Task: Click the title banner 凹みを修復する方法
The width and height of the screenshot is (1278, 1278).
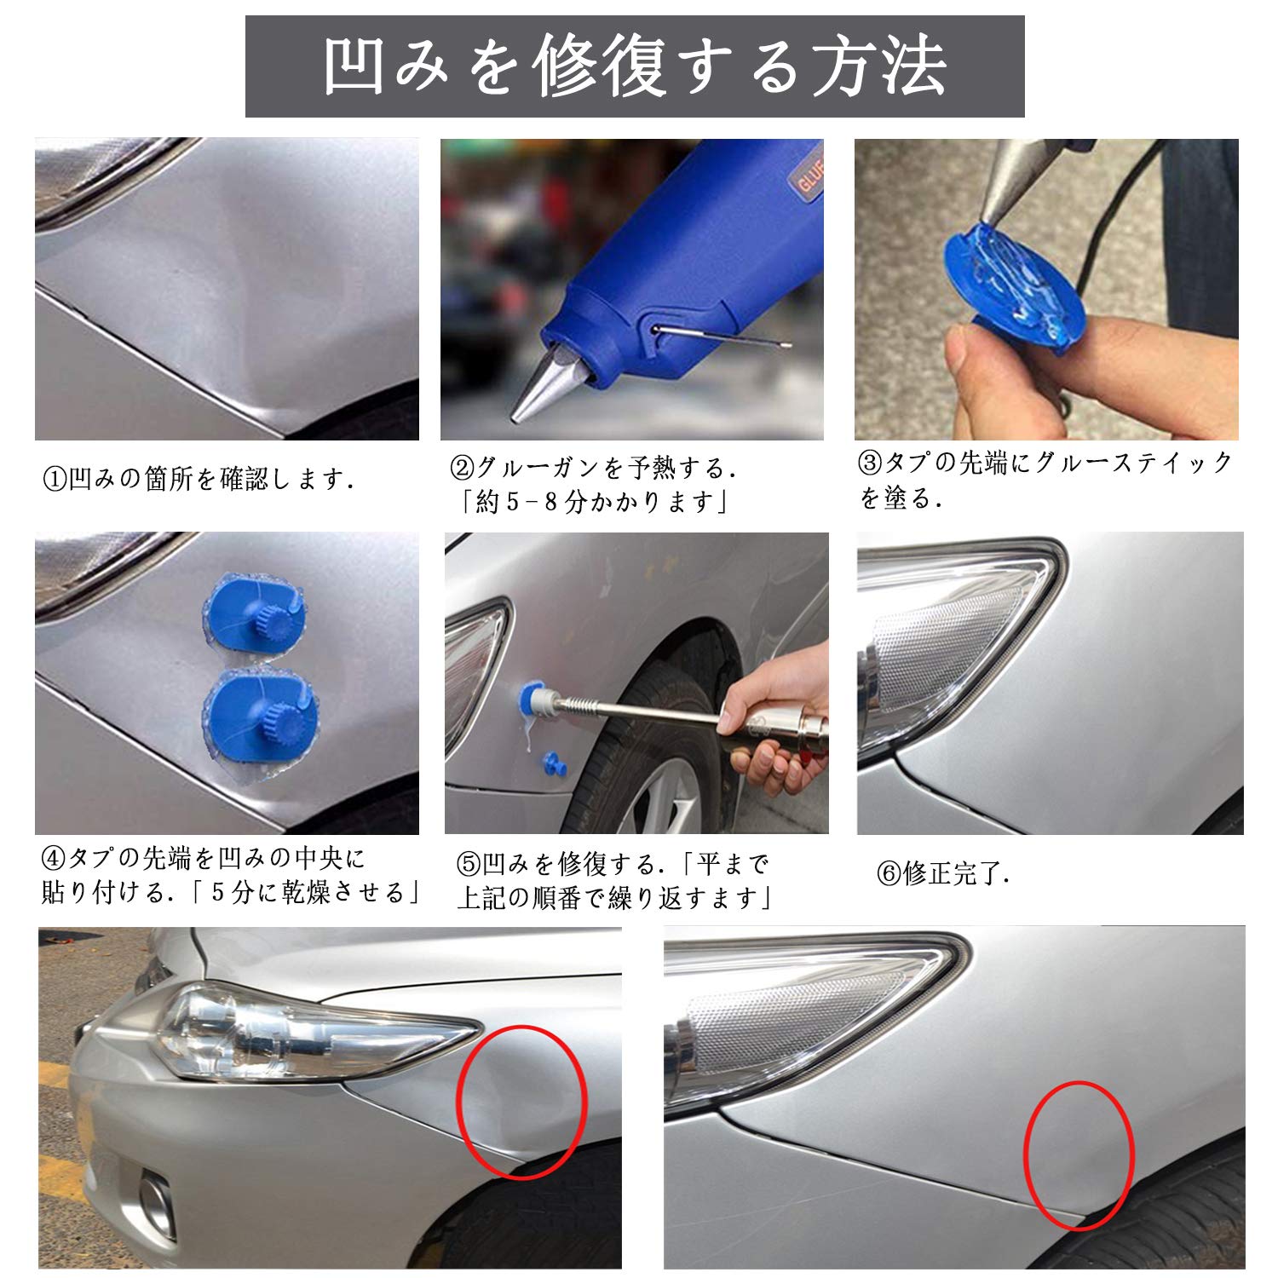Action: point(635,66)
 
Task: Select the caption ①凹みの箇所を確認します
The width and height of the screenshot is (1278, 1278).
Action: point(198,479)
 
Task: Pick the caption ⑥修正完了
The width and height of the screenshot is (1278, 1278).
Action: point(942,873)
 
